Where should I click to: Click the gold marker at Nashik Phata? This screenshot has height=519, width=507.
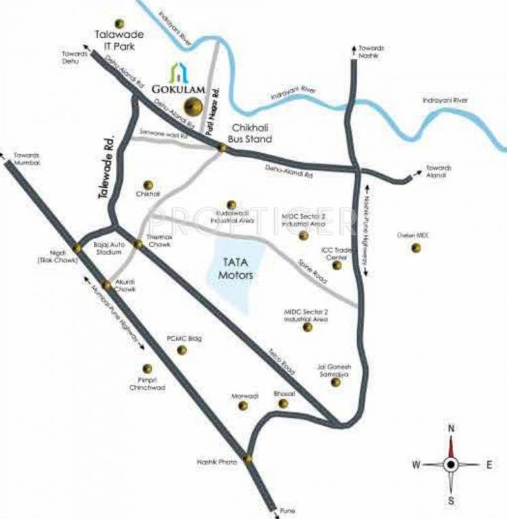click(248, 460)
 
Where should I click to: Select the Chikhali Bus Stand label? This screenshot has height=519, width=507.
click(251, 133)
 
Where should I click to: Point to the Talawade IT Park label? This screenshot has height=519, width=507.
click(115, 42)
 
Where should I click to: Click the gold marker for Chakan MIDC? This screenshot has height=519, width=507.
click(415, 248)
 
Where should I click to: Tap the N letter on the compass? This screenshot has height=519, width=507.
click(452, 428)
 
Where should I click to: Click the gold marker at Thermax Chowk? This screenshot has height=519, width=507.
click(138, 244)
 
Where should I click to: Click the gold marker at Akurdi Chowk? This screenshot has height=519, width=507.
click(107, 285)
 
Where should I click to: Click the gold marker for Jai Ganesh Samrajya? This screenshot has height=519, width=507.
click(336, 382)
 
